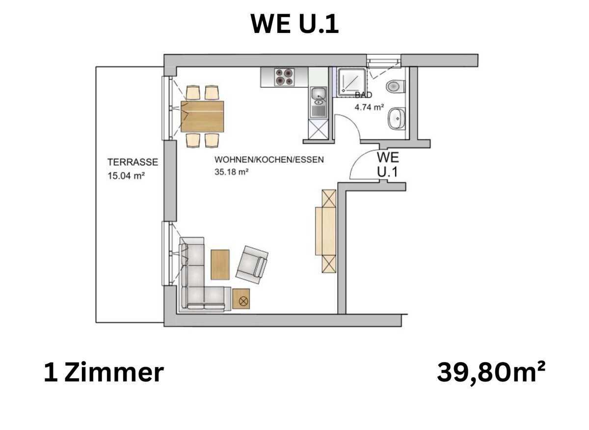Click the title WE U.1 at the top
[294, 24]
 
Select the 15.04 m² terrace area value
[126, 176]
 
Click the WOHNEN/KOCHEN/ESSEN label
[269, 160]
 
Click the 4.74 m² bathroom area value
[369, 107]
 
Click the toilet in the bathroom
[396, 87]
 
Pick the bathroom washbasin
[396, 119]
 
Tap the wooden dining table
[202, 116]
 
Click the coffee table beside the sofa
[220, 265]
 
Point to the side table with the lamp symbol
[241, 298]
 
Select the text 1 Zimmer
[103, 373]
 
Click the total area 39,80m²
[491, 373]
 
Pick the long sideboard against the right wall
[325, 231]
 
